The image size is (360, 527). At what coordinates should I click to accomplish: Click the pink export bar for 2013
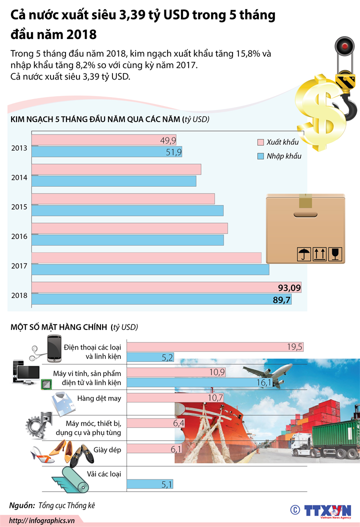pyautogui.click(x=103, y=140)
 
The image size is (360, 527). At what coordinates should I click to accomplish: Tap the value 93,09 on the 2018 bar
pyautogui.click(x=289, y=287)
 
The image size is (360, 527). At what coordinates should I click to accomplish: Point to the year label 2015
pyautogui.click(x=19, y=206)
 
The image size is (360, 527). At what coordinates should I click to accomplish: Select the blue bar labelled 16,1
pyautogui.click(x=199, y=383)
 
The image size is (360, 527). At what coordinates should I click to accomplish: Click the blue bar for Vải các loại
pyautogui.click(x=150, y=484)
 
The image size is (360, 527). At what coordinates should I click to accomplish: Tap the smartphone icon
pyautogui.click(x=54, y=348)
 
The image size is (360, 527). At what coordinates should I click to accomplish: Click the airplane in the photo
pyautogui.click(x=267, y=372)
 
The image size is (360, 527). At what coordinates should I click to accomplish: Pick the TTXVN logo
pyautogui.click(x=327, y=510)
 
